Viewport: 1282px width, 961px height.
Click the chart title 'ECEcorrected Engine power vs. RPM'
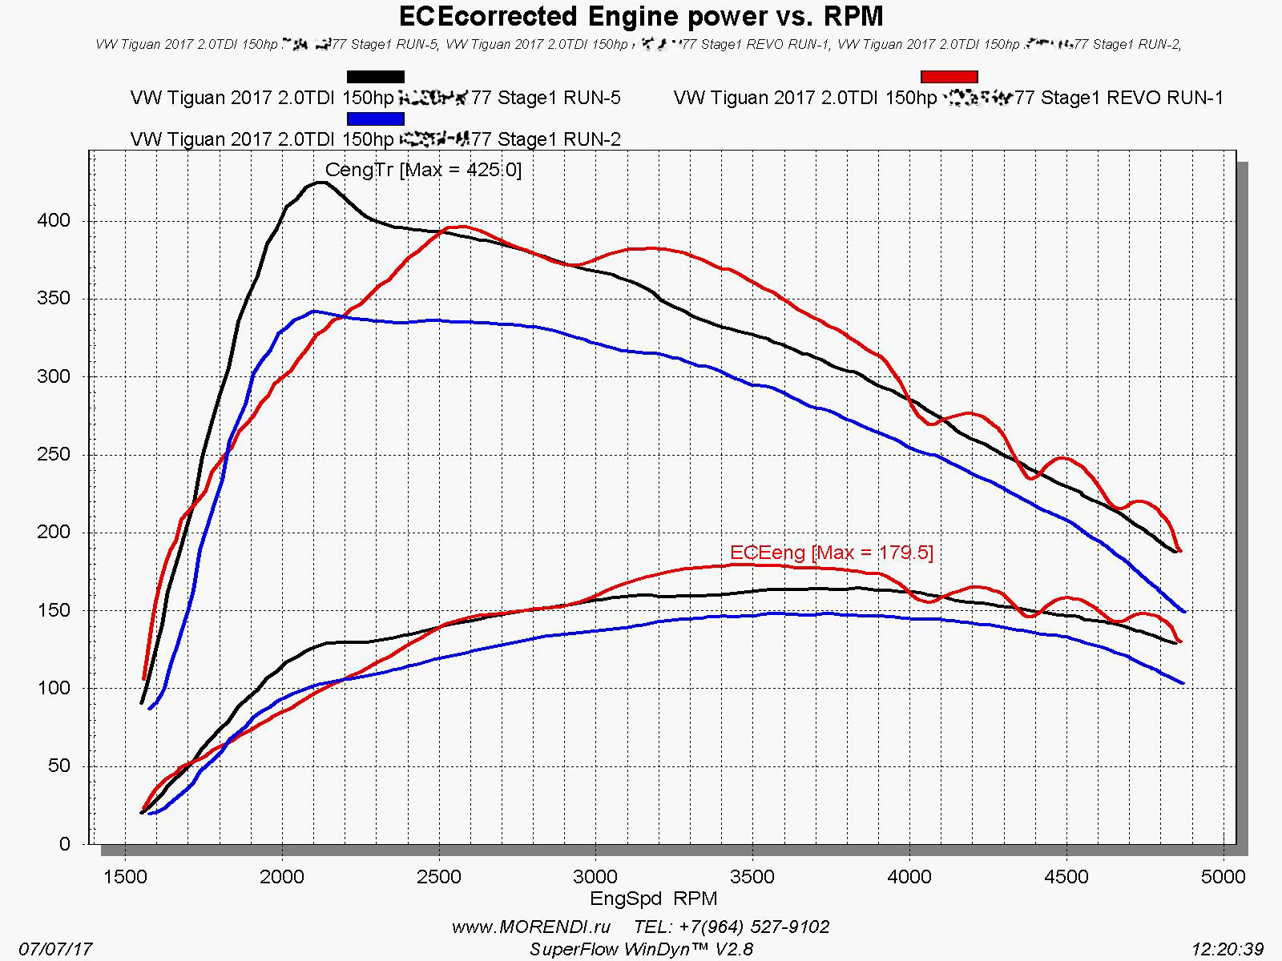point(641,16)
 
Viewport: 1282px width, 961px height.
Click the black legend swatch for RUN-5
point(375,77)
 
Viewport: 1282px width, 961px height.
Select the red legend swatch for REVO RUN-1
point(949,77)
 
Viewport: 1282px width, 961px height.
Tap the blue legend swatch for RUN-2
point(375,119)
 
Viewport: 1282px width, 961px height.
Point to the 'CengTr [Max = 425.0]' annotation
point(423,170)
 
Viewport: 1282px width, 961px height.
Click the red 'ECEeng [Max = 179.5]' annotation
point(832,553)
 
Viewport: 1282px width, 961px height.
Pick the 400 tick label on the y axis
point(54,221)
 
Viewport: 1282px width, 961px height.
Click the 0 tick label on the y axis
point(64,844)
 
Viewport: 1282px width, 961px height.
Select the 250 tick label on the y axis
point(54,455)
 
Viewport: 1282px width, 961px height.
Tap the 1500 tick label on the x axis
point(126,877)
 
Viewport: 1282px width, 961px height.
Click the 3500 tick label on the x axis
point(753,877)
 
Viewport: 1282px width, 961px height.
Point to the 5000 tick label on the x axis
point(1224,877)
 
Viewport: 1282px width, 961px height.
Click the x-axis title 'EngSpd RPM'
point(654,899)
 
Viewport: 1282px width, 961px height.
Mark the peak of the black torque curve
point(320,183)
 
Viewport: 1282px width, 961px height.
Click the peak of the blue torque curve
point(314,311)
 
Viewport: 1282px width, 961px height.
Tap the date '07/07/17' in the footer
point(55,950)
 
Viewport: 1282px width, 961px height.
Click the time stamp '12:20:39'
point(1228,950)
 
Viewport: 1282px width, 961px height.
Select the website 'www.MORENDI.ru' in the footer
point(531,927)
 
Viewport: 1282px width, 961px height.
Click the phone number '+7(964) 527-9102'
point(754,927)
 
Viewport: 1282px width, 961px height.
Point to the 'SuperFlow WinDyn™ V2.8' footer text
point(641,950)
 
